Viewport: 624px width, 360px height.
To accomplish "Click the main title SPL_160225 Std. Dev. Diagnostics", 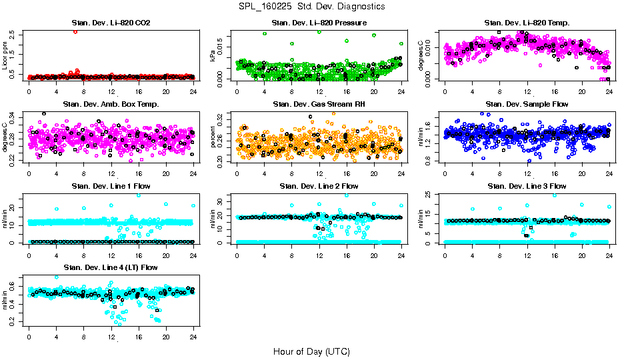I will point(311,7).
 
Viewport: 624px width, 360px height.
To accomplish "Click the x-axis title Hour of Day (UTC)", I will point(311,351).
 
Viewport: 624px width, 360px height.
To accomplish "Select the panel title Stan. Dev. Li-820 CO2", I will point(111,23).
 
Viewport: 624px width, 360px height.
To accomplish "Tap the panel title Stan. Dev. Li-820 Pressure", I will point(319,23).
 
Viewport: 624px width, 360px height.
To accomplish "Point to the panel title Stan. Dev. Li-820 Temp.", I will point(527,23).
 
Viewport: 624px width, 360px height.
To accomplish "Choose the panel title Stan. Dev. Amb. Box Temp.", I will point(111,104).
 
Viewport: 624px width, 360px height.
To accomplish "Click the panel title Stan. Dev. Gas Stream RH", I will point(319,104).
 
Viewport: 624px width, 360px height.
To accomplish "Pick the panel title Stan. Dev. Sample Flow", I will point(527,104).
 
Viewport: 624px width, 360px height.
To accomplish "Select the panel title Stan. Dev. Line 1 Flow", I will point(111,186).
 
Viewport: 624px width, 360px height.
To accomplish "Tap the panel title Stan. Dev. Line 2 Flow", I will point(319,186).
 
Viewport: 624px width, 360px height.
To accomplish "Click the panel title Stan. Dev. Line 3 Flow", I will point(527,186).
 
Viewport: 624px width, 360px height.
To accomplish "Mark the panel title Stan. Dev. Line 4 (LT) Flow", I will point(111,267).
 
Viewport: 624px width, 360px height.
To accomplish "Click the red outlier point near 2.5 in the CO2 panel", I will point(75,31).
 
